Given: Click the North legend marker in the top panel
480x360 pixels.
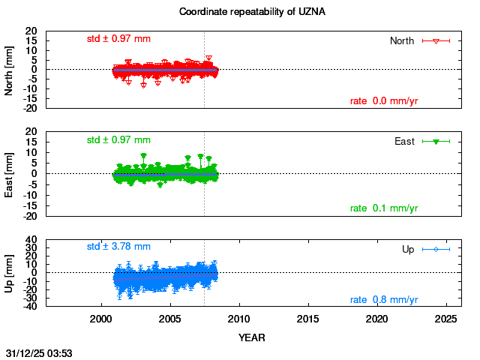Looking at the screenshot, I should pos(435,40).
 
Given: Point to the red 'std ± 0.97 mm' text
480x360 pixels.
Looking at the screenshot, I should pos(118,38).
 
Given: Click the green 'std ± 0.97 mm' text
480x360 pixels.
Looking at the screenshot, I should pos(118,139).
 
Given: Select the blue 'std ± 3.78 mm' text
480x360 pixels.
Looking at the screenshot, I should pos(118,246).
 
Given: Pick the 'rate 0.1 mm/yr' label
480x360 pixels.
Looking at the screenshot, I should pos(384,208).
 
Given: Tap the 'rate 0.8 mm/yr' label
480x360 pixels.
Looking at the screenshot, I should pos(384,300).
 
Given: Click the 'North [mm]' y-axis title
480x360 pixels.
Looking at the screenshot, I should pos(10,69).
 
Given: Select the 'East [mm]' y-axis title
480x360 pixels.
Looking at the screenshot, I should pos(10,174).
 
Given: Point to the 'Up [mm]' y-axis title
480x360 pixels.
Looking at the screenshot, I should pos(10,271).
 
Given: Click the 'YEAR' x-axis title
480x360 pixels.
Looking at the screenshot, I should pos(251,337).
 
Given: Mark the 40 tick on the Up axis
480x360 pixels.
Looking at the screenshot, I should pos(32,241).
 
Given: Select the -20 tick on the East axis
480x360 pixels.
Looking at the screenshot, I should pos(30,217).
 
